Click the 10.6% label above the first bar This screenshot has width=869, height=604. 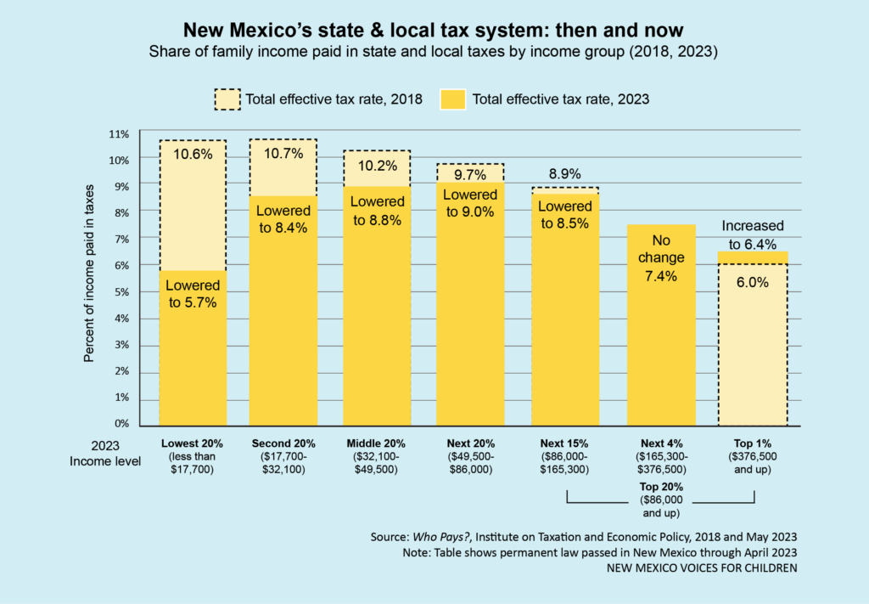pos(193,155)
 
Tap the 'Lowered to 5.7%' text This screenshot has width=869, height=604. pos(193,294)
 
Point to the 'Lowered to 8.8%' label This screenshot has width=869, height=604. pos(377,210)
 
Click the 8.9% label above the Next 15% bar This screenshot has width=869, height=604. pos(564,175)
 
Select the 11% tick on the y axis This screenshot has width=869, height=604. pos(119,134)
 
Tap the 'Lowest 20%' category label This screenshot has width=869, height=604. pos(193,443)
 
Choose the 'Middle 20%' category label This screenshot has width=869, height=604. pos(377,443)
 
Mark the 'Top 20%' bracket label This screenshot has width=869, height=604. pos(660,487)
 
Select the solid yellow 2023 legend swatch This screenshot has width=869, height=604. pos(452,99)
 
